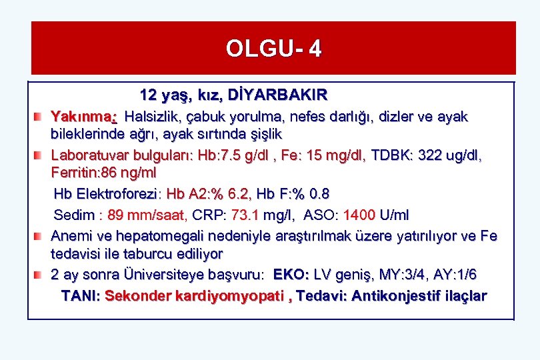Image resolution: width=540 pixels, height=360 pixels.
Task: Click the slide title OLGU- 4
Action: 273,49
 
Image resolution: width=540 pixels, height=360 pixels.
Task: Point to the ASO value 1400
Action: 359,215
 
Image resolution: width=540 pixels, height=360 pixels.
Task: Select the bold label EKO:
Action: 291,275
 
